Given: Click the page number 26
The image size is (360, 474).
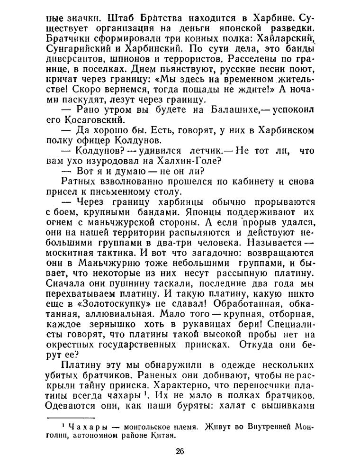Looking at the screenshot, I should pyautogui.click(x=180, y=451).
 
